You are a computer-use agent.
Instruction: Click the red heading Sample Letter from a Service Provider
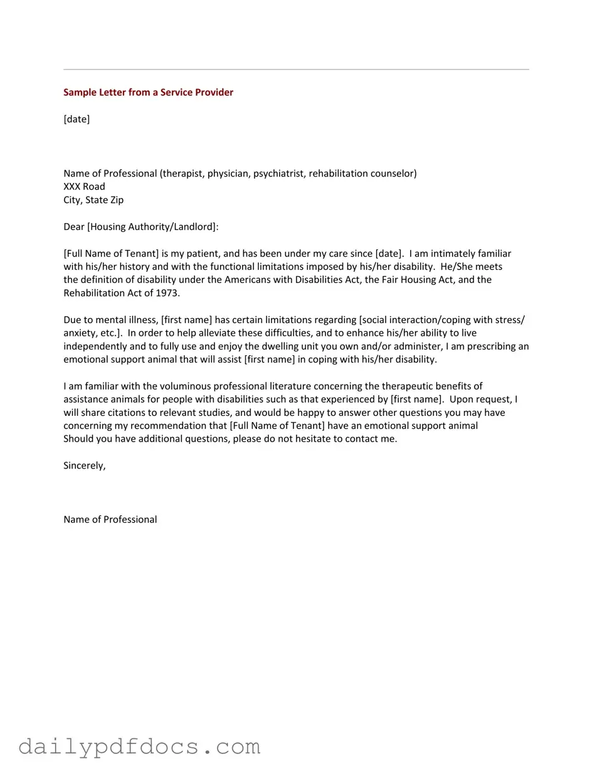(x=148, y=92)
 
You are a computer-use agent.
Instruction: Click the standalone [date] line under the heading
(x=76, y=119)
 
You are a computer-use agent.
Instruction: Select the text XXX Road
(x=84, y=187)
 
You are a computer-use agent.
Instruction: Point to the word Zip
(x=117, y=200)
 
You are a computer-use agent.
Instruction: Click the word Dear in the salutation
(x=73, y=227)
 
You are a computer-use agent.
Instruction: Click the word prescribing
(x=490, y=346)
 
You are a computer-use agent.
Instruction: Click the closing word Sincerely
(x=84, y=466)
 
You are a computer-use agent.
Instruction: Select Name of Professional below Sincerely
(x=110, y=520)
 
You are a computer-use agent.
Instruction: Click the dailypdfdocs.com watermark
(x=139, y=747)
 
